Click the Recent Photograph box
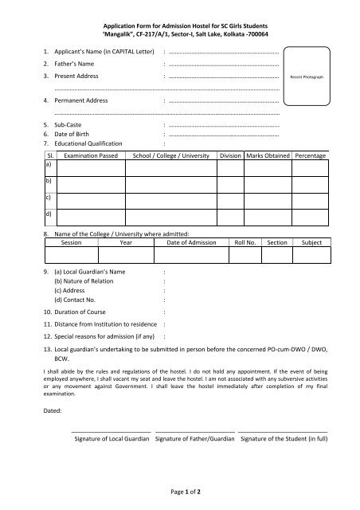click(x=306, y=77)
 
